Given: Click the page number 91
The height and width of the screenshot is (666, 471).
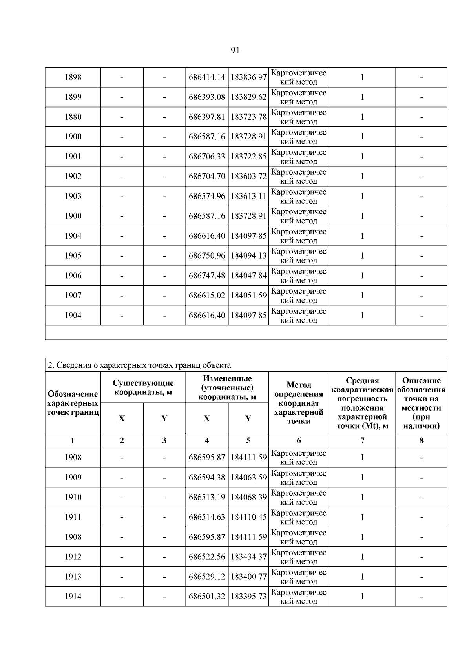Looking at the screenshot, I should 235,50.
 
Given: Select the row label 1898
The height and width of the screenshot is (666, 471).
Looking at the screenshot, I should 73,77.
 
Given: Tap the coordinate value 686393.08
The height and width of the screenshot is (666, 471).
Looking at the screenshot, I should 207,97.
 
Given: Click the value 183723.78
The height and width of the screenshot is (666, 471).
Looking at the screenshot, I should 248,117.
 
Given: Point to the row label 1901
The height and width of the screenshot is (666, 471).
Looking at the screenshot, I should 73,157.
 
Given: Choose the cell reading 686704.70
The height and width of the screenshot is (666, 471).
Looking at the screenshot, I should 207,176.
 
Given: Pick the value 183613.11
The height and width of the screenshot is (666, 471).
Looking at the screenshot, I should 248,196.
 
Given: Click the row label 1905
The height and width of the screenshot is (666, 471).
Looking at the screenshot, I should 73,256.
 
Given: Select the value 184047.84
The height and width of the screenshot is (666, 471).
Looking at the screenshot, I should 248,276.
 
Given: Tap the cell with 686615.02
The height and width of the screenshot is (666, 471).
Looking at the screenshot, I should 207,296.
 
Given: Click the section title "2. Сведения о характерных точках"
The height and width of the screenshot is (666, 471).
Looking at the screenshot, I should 139,365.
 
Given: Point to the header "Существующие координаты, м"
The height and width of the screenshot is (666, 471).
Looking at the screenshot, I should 143,387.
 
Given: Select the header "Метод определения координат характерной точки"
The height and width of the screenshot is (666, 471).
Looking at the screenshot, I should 299,403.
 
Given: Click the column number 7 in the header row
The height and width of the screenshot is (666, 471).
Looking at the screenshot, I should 362,440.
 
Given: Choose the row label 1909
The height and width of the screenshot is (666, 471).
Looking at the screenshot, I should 73,478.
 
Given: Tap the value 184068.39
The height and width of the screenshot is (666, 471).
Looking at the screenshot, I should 248,497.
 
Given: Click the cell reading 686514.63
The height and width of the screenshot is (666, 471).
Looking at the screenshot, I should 207,517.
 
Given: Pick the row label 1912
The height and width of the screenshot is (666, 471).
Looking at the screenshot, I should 73,557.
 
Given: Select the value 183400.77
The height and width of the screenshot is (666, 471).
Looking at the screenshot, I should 248,577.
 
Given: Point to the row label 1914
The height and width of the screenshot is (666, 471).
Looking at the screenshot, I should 73,597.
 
